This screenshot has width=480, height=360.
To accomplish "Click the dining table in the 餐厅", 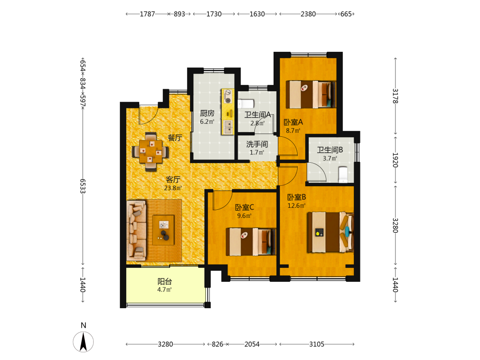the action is (150, 151).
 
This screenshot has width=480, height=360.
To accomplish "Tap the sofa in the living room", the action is (136, 229).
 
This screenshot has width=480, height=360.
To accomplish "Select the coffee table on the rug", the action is (164, 229).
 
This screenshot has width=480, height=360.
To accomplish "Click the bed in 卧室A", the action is (311, 94).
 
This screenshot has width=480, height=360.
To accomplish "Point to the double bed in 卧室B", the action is (330, 232).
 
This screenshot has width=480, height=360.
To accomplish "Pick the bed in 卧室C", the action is (251, 241).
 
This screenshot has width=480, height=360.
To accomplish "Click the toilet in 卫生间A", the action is (246, 104).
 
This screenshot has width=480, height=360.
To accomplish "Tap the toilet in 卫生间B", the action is (343, 174).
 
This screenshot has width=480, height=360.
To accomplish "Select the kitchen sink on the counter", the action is (228, 127).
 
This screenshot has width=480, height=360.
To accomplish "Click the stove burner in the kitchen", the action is (228, 96).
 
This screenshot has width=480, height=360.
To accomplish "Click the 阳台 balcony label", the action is (164, 281).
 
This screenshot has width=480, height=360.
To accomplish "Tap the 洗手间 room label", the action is (257, 144).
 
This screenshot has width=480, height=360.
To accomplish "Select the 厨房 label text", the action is (207, 113).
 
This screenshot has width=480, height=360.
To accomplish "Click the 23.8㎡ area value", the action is (173, 188).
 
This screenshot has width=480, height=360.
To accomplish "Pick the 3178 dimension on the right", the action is (396, 96).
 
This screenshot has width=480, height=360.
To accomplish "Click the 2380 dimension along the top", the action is (308, 14).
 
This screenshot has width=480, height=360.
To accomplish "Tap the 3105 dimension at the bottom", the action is (316, 344).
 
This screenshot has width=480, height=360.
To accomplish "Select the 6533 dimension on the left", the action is (83, 186).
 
